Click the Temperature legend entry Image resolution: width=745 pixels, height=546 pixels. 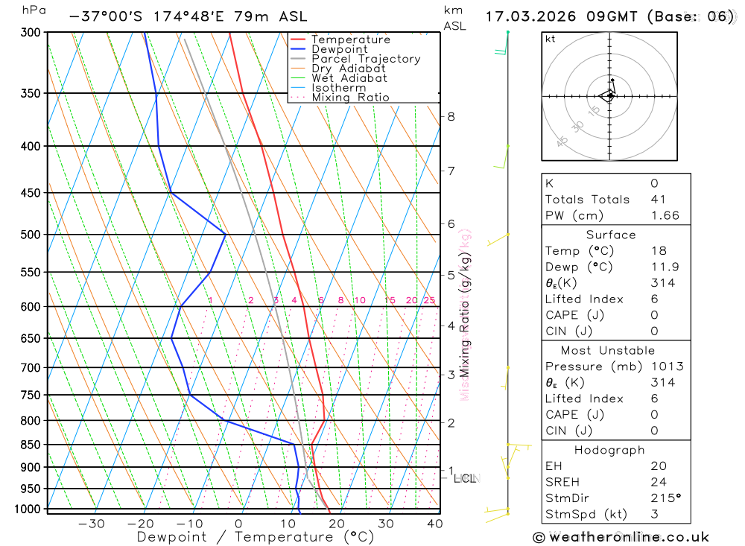coord(350,39)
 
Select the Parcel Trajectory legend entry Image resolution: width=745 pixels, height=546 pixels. coord(366,59)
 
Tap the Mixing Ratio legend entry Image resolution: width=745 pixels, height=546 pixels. coord(350,98)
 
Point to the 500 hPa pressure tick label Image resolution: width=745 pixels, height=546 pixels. coord(31,235)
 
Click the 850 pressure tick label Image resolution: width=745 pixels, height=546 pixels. coord(31,445)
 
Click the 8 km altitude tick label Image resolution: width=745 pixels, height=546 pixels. coord(451,116)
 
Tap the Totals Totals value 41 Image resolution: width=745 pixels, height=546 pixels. coord(659,200)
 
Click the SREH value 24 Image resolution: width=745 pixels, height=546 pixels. coord(658,482)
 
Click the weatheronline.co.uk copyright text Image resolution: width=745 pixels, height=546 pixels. coord(621,537)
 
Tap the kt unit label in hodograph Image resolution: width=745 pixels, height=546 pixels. coord(551,39)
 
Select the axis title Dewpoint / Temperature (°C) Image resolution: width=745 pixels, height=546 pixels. coord(255,536)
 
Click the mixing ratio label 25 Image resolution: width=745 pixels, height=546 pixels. coord(429,300)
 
